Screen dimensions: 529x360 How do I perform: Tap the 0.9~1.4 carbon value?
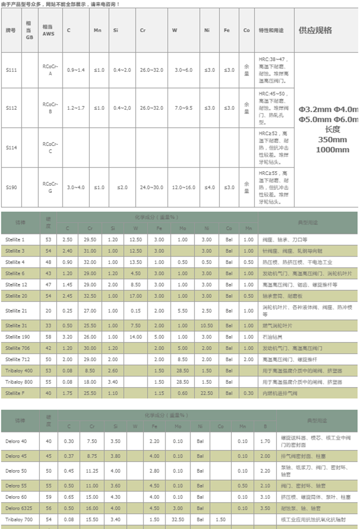(x=76, y=70)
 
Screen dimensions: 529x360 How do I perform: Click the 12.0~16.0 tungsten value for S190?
(x=183, y=188)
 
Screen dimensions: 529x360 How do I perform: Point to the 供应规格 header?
(x=315, y=30)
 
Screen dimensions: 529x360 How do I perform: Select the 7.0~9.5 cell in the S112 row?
(x=183, y=108)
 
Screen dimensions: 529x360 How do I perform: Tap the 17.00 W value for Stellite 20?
(x=136, y=296)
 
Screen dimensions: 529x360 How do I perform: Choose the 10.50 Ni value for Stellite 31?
(x=206, y=326)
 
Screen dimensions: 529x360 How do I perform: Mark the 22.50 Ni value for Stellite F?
(x=206, y=393)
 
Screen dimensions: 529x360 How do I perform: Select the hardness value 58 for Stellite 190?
(x=48, y=337)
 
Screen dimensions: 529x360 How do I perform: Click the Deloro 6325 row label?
(x=17, y=508)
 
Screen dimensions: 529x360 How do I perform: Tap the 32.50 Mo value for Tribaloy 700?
(x=178, y=519)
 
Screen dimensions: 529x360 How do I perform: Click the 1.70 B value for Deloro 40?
(x=265, y=441)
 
